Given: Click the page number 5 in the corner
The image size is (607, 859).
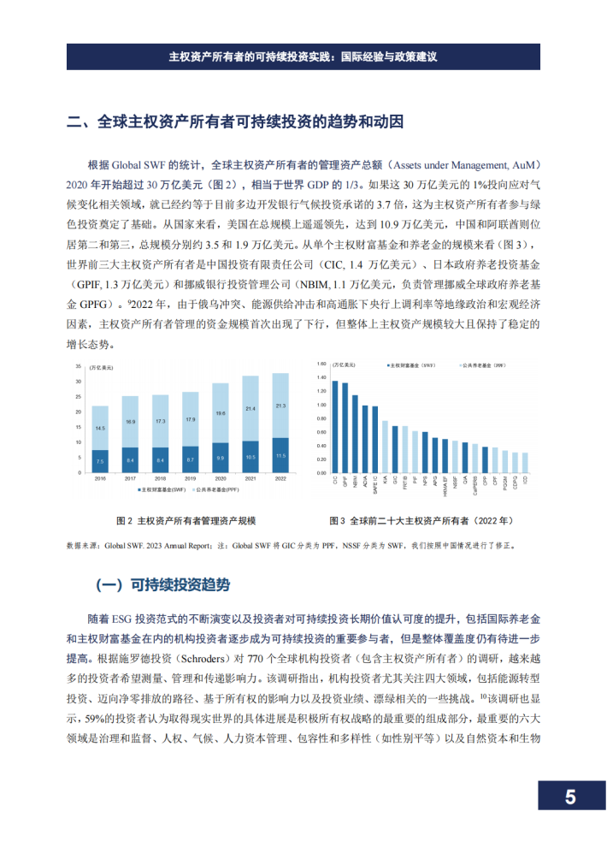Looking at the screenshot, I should coord(569,797).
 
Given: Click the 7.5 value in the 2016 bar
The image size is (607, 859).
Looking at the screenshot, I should coord(100,461).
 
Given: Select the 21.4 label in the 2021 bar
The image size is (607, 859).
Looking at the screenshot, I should coord(250,409).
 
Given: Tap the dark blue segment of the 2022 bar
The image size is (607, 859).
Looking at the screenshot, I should coord(280,455).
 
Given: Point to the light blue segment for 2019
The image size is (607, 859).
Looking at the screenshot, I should coord(190,419).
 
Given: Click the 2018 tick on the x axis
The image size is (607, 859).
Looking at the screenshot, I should coord(160,480).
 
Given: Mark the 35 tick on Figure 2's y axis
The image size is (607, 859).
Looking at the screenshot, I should coord(80,367).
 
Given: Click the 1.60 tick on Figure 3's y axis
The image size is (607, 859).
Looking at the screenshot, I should coord(322,364).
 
